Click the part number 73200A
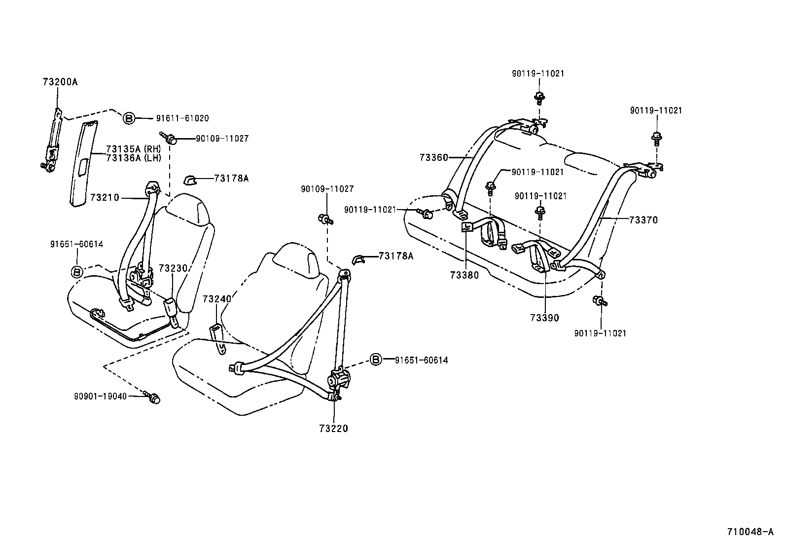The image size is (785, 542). coord(60,82)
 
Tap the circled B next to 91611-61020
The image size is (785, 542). coord(128,118)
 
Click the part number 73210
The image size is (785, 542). coord(105,198)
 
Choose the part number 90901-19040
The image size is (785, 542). coord(101,396)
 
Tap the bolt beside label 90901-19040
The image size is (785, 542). coord(154,397)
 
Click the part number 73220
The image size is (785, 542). coord(333,429)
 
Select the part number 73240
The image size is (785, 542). coord(217,299)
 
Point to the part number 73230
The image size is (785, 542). coord(173,268)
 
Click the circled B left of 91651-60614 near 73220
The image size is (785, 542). coord(376,360)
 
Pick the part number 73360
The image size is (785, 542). coord(434,158)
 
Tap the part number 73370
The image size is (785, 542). coord(643,220)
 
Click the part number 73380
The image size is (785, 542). coord(464,275)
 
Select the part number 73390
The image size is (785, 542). coord(545,318)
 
